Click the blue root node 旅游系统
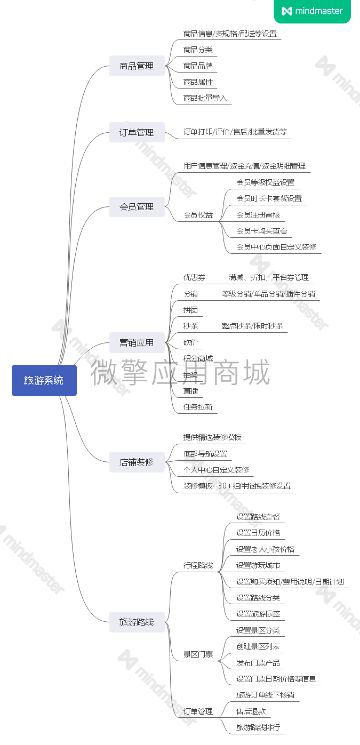pos(44,380)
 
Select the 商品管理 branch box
pos(137,66)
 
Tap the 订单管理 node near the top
pos(137,132)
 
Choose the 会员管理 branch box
pos(137,206)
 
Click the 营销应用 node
pos(137,342)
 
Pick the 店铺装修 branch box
pos(137,462)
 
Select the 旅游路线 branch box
pos(137,622)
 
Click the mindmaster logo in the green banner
pos(312,11)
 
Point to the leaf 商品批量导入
pos(205,98)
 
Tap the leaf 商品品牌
pos(198,66)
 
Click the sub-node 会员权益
pos(198,215)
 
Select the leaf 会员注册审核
pos(258,215)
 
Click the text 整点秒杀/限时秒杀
pos(252,326)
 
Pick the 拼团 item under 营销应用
pos(190,310)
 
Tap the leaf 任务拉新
pos(198,407)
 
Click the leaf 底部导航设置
pos(205,454)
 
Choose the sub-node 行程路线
pos(198,565)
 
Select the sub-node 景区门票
pos(198,654)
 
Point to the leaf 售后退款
pos(251,711)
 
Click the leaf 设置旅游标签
pos(258,614)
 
